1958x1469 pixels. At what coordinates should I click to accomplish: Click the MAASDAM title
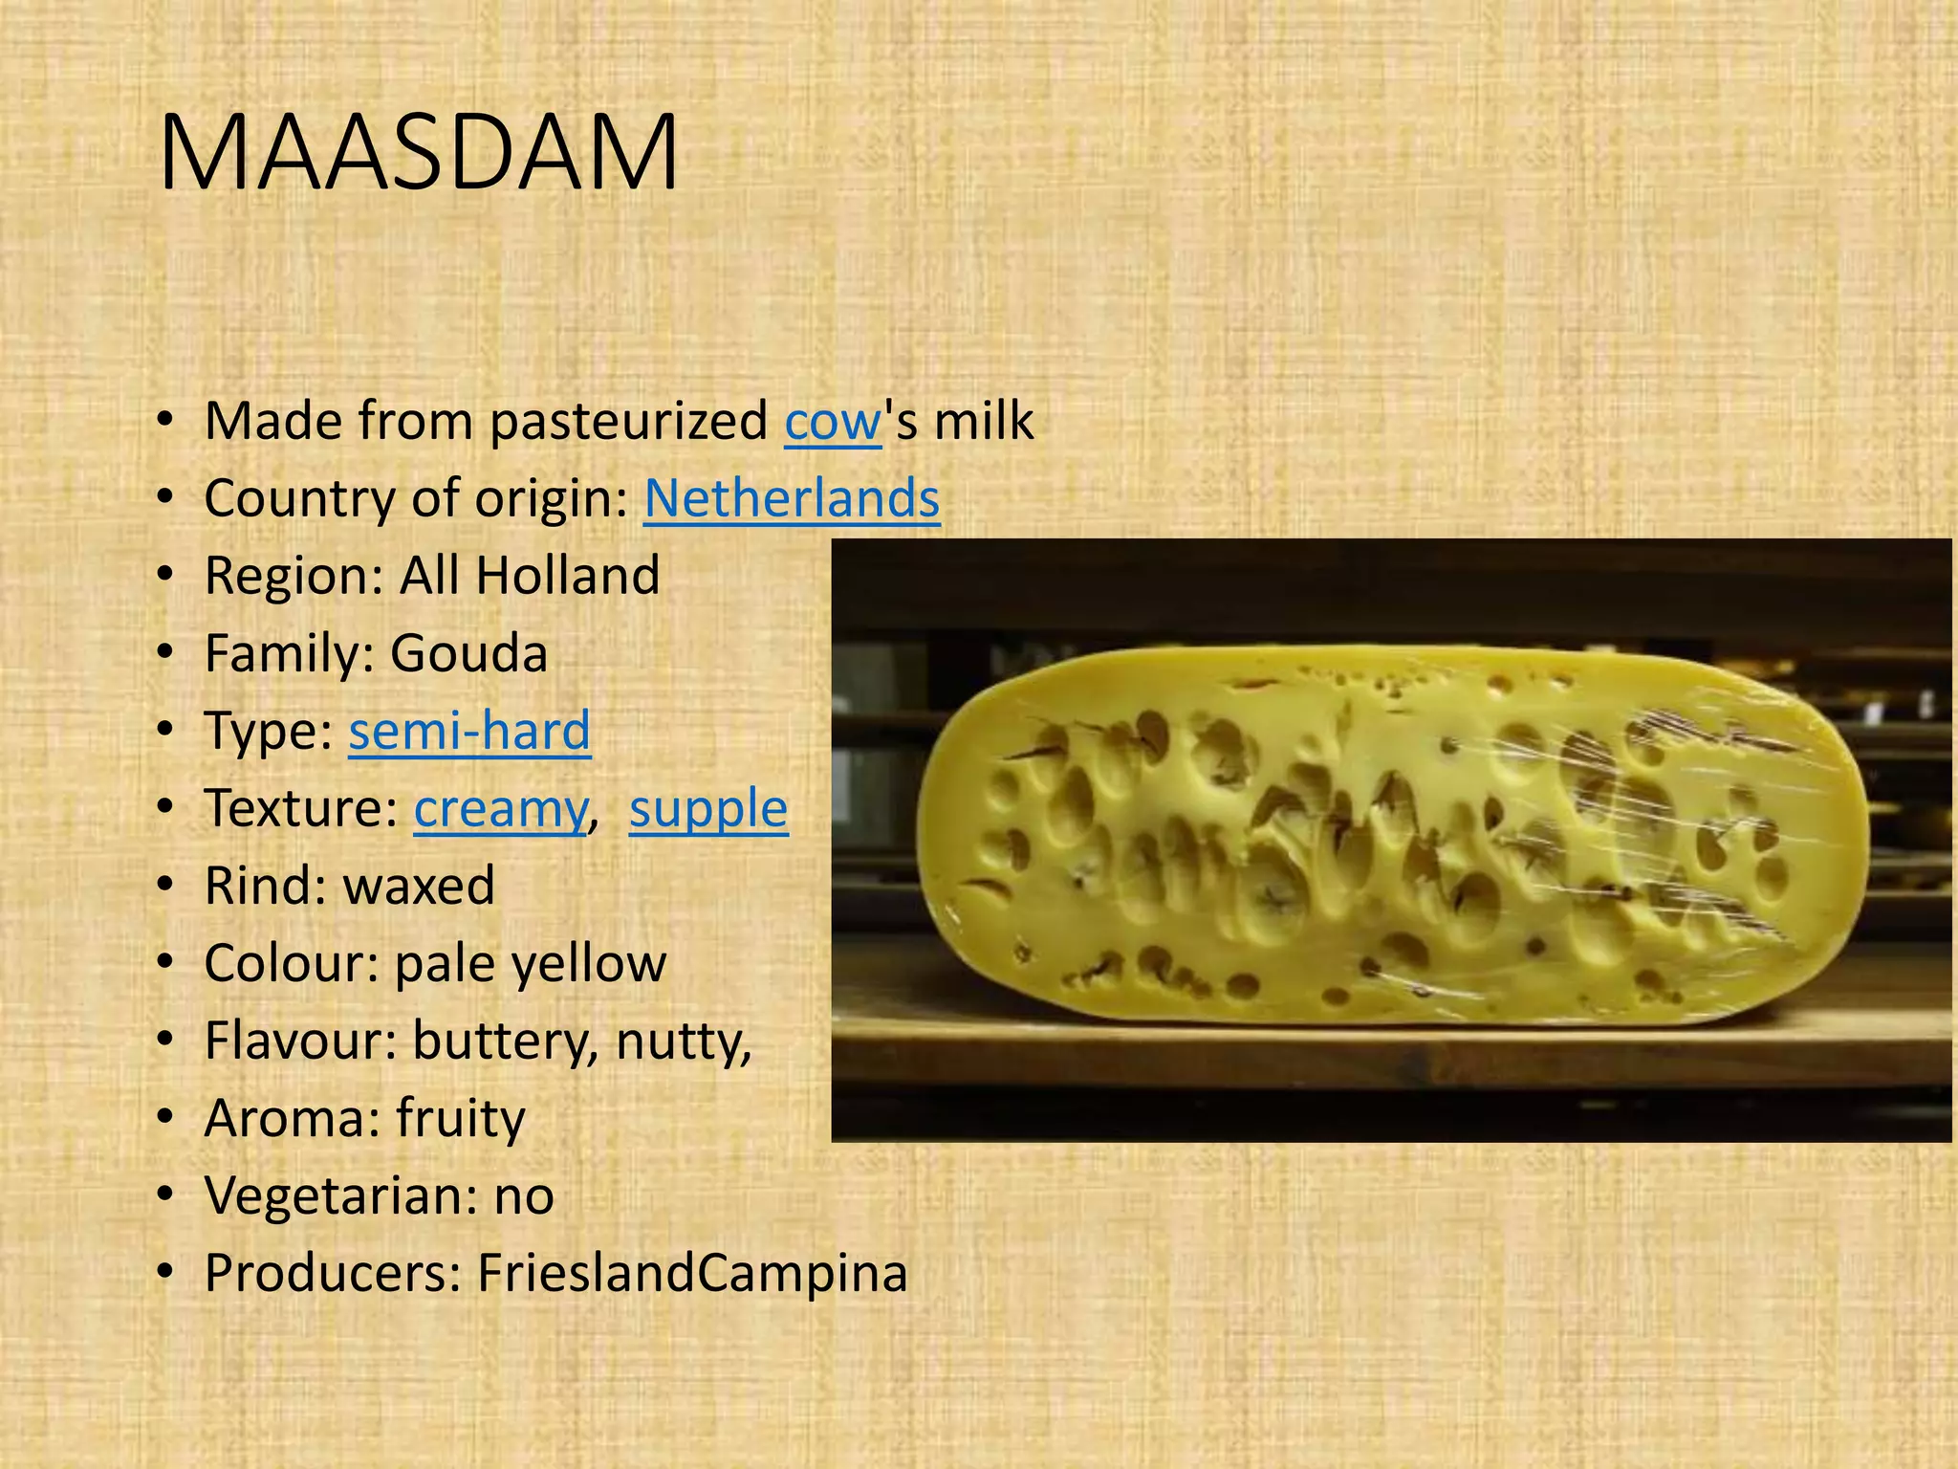tap(419, 153)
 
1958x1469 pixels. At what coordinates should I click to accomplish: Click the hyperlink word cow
tap(832, 421)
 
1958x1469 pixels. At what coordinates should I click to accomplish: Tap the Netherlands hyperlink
tap(792, 498)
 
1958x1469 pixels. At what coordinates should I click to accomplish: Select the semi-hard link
tap(469, 731)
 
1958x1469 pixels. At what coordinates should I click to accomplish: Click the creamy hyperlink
tap(500, 809)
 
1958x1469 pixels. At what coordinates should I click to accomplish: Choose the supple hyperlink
tap(708, 809)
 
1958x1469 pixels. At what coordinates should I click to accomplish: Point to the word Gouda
tap(468, 654)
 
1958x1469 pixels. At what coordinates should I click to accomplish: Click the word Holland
tap(567, 576)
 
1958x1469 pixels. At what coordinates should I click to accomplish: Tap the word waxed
tap(419, 886)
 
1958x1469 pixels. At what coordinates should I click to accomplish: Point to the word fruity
tap(461, 1119)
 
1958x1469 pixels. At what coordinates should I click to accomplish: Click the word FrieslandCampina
tap(692, 1274)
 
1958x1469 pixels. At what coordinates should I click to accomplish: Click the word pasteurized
tap(628, 421)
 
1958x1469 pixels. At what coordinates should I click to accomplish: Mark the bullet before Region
tap(166, 576)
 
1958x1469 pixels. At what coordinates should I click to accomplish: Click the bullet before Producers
tap(166, 1274)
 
